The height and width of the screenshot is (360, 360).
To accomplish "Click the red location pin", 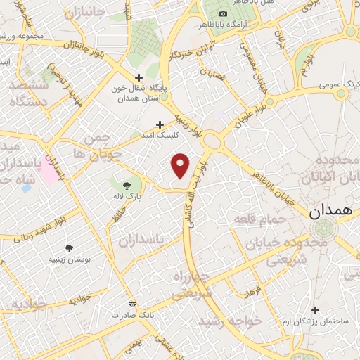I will pyautogui.click(x=181, y=165).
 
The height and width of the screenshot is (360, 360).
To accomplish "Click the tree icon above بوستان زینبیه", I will pyautogui.click(x=69, y=247).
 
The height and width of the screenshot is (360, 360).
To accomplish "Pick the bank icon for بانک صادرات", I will pyautogui.click(x=132, y=304).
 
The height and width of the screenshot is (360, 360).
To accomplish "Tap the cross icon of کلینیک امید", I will pyautogui.click(x=160, y=123).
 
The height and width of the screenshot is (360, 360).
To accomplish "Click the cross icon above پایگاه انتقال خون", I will pyautogui.click(x=139, y=77).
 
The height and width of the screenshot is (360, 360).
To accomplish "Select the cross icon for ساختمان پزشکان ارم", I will pyautogui.click(x=315, y=310).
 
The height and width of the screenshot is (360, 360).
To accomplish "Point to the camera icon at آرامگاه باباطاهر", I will pyautogui.click(x=224, y=13).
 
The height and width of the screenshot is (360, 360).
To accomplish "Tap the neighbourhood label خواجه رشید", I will pyautogui.click(x=231, y=321).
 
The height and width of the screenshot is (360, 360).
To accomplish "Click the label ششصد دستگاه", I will pyautogui.click(x=28, y=93).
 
